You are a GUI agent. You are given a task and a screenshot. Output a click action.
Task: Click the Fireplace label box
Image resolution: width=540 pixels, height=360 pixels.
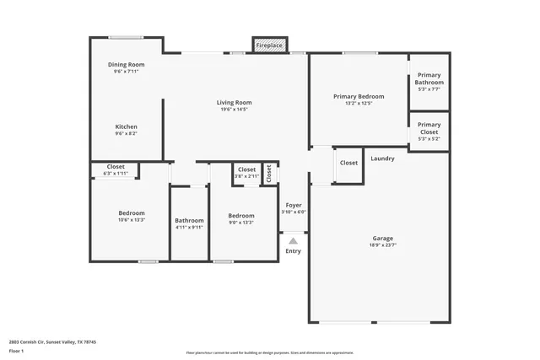point(270,45)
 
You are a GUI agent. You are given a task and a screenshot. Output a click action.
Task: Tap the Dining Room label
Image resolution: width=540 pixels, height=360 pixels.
point(126,65)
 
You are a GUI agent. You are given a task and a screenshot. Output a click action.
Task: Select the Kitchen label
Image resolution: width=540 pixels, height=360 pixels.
point(126,126)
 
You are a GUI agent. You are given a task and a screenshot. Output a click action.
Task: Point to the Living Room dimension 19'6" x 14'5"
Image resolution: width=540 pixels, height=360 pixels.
point(235,110)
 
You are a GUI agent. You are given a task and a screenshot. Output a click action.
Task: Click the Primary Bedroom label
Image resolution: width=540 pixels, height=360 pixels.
point(359,97)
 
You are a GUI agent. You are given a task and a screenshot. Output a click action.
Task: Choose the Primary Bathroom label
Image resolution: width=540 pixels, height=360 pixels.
point(429,78)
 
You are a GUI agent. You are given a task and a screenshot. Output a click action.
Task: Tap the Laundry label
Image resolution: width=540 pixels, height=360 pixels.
point(382,159)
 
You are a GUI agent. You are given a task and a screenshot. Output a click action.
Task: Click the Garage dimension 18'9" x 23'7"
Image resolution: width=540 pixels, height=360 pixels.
point(382,244)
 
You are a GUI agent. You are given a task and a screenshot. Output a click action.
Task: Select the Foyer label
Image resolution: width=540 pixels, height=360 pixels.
point(294,205)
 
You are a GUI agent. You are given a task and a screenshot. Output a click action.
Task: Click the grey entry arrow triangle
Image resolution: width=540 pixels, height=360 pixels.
point(293,240)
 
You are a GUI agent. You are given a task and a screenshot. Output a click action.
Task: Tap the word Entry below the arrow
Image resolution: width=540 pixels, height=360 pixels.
point(293,251)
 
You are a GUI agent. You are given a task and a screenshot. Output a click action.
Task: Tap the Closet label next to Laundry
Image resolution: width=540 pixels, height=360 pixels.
point(348,163)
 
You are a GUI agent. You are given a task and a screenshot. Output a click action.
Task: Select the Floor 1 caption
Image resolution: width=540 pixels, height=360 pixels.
point(16,351)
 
